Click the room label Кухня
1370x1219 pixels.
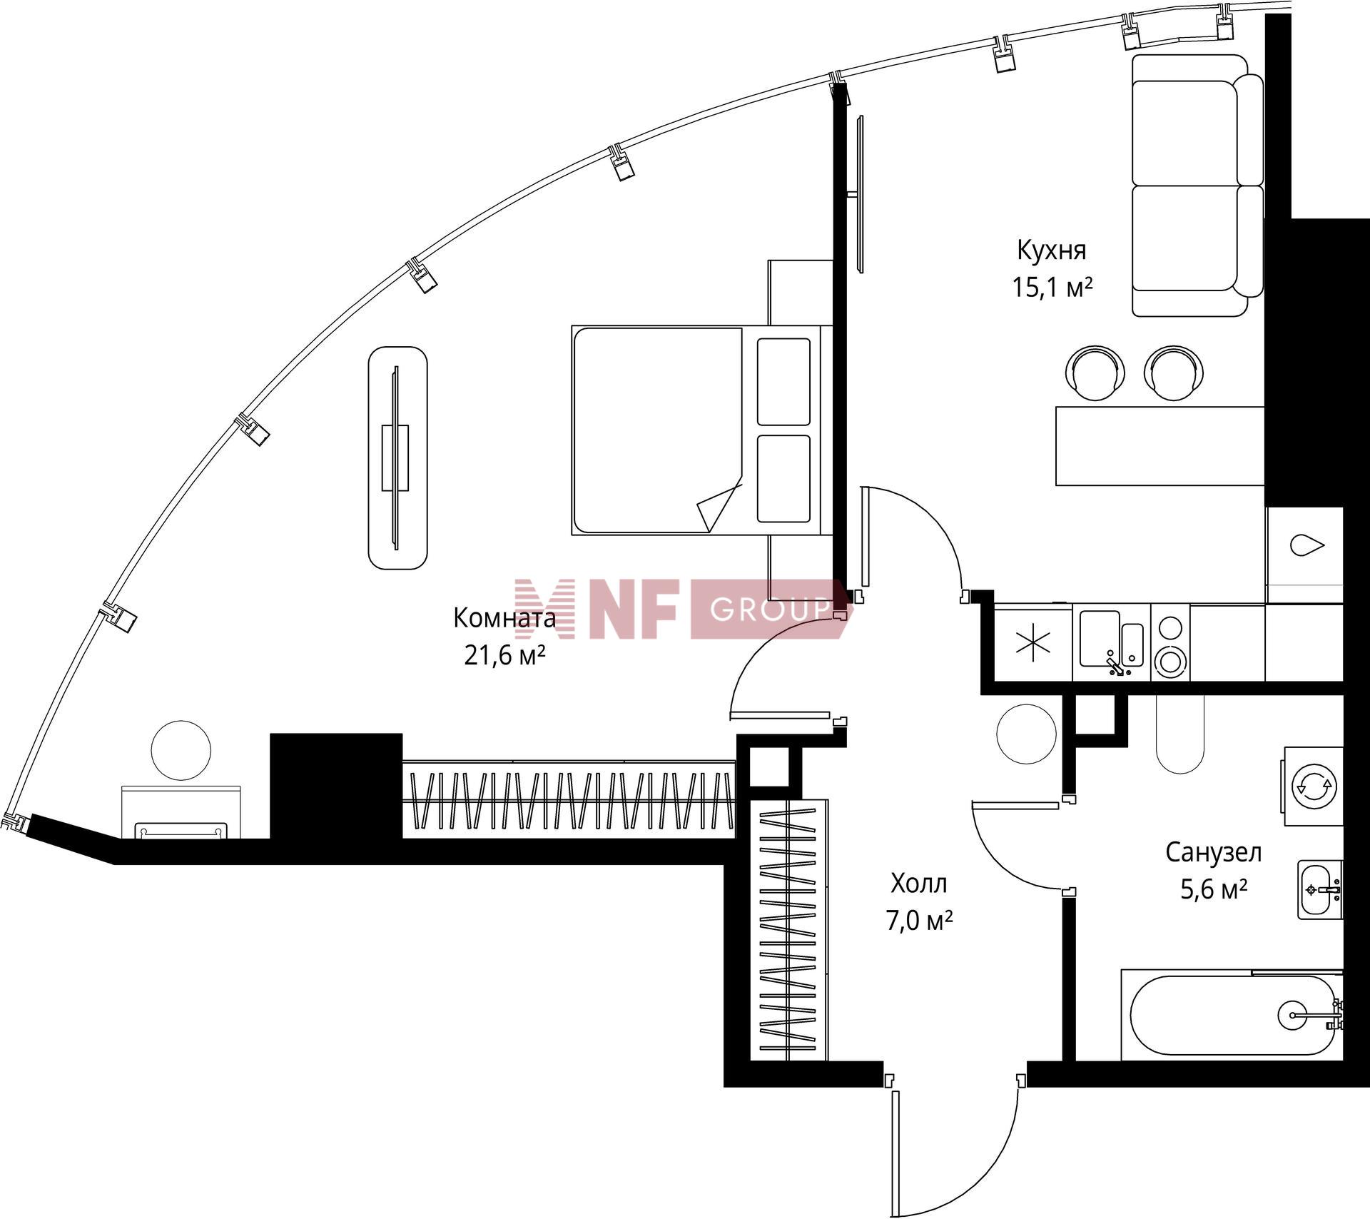1051,251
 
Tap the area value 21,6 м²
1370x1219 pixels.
504,654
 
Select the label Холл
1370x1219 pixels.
918,884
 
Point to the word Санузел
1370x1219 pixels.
1214,852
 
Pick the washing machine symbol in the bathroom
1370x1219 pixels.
1314,786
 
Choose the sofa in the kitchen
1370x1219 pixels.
1190,186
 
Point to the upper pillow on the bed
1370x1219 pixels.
783,382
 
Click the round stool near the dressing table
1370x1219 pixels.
181,750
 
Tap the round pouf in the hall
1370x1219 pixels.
1026,734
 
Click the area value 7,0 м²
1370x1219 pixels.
919,921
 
